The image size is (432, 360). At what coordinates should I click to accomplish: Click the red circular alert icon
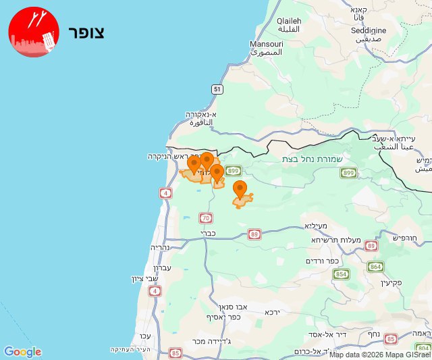pyautogui.click(x=34, y=32)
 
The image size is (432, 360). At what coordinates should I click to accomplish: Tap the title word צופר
pyautogui.click(x=86, y=32)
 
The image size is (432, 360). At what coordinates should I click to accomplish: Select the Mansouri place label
pyautogui.click(x=266, y=44)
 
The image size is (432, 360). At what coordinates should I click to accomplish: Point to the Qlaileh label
pyautogui.click(x=289, y=21)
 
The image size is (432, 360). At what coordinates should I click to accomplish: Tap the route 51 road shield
pyautogui.click(x=216, y=89)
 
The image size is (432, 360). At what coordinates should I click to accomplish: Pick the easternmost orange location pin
pyautogui.click(x=240, y=189)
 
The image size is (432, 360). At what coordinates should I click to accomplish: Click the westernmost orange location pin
pyautogui.click(x=194, y=164)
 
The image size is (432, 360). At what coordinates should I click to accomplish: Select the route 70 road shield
pyautogui.click(x=205, y=217)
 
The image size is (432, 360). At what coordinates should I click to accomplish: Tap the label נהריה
pyautogui.click(x=163, y=247)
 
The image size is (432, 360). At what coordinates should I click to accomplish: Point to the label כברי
pyautogui.click(x=207, y=233)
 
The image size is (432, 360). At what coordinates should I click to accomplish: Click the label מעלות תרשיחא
pyautogui.click(x=336, y=240)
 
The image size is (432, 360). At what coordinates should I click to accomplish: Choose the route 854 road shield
pyautogui.click(x=341, y=274)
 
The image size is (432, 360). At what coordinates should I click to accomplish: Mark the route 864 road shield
pyautogui.click(x=375, y=267)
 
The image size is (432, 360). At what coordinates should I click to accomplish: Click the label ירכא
pyautogui.click(x=272, y=312)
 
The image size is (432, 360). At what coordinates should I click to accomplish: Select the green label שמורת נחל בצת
pyautogui.click(x=314, y=159)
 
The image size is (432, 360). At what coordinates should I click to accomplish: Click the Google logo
pyautogui.click(x=22, y=351)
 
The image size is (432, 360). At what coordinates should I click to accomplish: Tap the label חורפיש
pyautogui.click(x=404, y=237)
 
